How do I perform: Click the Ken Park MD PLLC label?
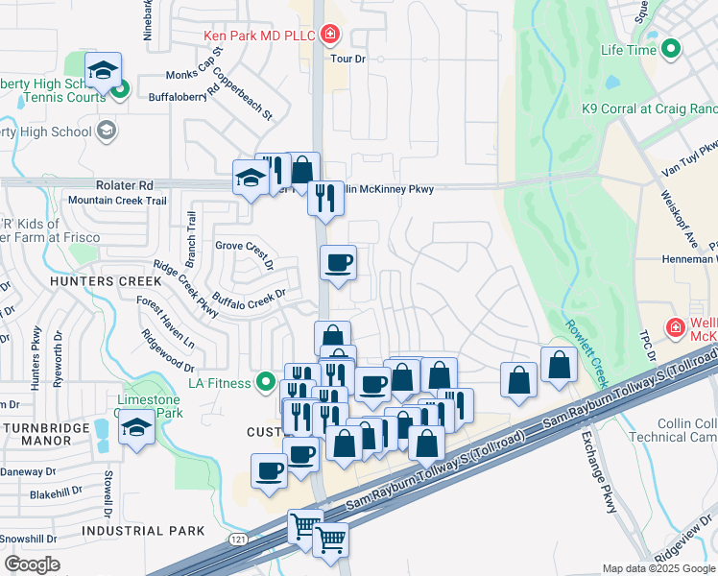point(260,36)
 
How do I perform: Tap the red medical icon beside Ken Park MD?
point(330,36)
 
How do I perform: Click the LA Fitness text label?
point(219,384)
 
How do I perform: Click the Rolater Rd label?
point(124,185)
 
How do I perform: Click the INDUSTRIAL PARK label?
point(143,530)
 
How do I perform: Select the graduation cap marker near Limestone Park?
point(136,426)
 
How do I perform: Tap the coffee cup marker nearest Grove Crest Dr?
point(337,262)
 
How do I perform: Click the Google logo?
point(32,564)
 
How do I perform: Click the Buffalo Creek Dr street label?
point(250,300)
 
